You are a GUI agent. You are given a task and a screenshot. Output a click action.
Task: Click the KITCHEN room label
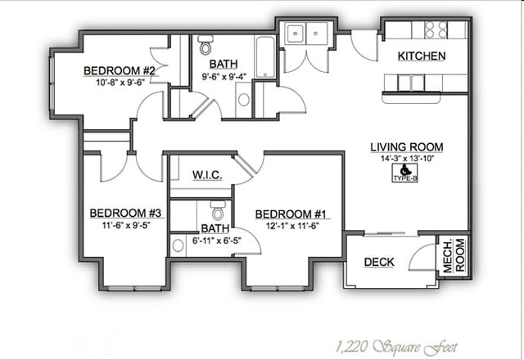point(422,56)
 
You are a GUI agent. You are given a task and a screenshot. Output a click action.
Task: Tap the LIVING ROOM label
point(407,147)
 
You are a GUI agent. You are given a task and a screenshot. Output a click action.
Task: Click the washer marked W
point(295,34)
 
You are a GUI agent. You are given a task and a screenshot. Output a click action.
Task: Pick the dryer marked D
point(316,34)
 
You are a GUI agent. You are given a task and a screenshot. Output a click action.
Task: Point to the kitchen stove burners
point(436,29)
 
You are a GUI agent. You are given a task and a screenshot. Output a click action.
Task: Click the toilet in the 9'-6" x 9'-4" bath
point(206,45)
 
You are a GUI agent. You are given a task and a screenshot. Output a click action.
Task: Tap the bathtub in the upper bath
point(265,57)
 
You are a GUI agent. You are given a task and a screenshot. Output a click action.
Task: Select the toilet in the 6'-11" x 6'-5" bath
point(218,210)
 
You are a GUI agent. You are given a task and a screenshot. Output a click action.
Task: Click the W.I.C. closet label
point(207,175)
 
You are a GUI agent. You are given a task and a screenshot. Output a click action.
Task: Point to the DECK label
point(379,262)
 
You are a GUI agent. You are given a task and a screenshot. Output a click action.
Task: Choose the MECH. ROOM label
point(454,254)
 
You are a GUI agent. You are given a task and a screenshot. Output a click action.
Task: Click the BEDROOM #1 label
point(291,214)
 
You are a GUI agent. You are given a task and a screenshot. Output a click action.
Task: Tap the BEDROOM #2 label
point(120,71)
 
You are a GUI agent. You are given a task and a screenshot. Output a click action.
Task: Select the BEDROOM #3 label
point(125,213)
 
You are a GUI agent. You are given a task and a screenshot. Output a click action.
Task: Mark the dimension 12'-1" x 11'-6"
point(292,226)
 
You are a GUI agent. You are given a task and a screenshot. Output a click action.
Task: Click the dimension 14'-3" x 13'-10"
point(407,158)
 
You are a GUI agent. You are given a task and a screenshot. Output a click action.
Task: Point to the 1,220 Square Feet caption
point(395,347)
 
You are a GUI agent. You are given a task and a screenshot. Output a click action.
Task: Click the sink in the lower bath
point(178,245)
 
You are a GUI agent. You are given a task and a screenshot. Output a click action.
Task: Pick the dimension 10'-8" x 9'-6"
point(120,83)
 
